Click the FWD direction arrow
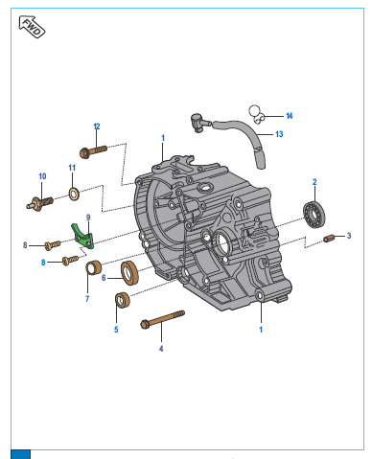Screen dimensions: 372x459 32,27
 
